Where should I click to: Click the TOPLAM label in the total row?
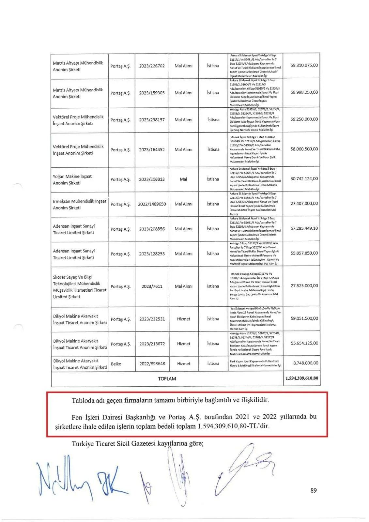pyautogui.click(x=167, y=379)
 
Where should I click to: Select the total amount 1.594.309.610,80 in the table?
pyautogui.click(x=302, y=378)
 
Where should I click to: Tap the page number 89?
pyautogui.click(x=314, y=490)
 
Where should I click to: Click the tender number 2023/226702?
pyautogui.click(x=152, y=66)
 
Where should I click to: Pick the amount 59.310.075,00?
pyautogui.click(x=304, y=65)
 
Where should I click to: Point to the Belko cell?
pyautogui.click(x=116, y=364)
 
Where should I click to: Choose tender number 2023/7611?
pyautogui.click(x=152, y=286)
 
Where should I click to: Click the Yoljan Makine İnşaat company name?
pyautogui.click(x=72, y=180)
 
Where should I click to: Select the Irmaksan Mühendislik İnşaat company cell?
pyautogui.click(x=80, y=204)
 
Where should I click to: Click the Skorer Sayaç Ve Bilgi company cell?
pyautogui.click(x=80, y=287)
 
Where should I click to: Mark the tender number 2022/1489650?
pyautogui.click(x=152, y=204)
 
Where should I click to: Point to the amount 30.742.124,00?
pyautogui.click(x=304, y=178)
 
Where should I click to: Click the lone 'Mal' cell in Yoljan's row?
pyautogui.click(x=183, y=179)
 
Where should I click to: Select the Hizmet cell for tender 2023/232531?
pyautogui.click(x=183, y=319)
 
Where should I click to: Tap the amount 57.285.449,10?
pyautogui.click(x=304, y=228)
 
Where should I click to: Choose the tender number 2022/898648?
pyautogui.click(x=152, y=363)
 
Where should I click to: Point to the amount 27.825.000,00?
pyautogui.click(x=304, y=285)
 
